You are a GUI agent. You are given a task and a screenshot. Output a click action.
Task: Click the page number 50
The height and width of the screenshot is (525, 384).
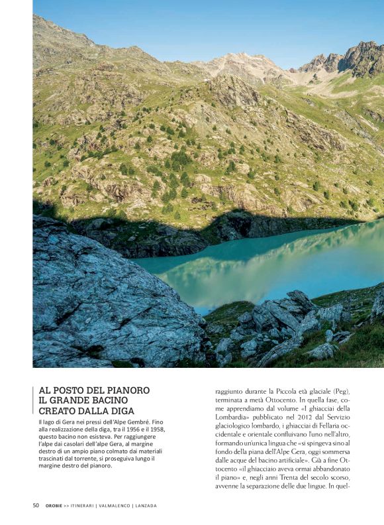[x=36, y=505]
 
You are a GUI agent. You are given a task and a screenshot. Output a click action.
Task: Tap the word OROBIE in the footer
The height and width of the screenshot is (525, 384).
[x=54, y=506]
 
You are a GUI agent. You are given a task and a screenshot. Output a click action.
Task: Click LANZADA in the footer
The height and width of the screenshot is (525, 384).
[x=146, y=506]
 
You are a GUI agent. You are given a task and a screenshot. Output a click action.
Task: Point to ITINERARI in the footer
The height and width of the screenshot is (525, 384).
[x=84, y=506]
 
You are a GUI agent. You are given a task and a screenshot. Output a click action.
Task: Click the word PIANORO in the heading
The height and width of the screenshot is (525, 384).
[x=123, y=390]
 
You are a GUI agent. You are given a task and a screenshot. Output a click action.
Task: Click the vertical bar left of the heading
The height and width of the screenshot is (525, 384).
[x=34, y=400]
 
